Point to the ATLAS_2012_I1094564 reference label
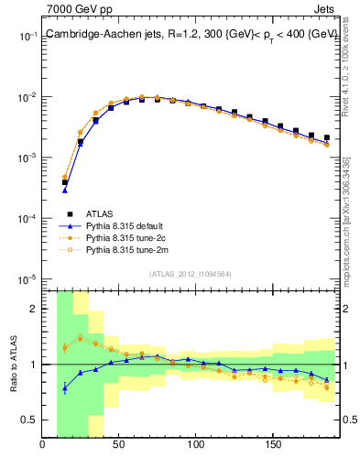click(191, 273)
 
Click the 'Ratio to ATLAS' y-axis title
click(13, 362)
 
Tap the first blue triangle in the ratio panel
click(64, 387)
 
